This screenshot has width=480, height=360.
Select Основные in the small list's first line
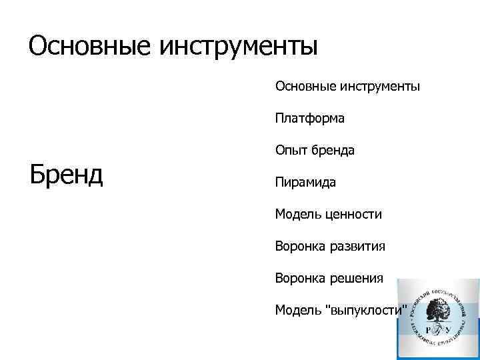306,86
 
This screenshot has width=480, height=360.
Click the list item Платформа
310,119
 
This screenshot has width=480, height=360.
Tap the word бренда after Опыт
331,151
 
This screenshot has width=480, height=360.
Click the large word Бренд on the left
66,175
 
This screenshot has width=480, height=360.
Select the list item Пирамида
306,182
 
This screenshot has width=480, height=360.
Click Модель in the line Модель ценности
297,214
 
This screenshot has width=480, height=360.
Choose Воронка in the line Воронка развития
300,247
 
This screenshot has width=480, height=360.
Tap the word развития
357,247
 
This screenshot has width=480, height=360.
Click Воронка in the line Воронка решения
300,278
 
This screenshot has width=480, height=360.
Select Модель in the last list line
297,310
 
